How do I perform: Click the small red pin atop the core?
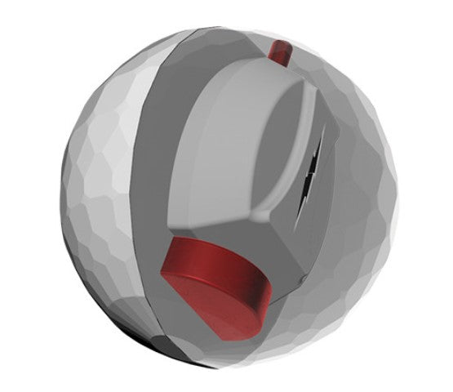(x=279, y=51)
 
